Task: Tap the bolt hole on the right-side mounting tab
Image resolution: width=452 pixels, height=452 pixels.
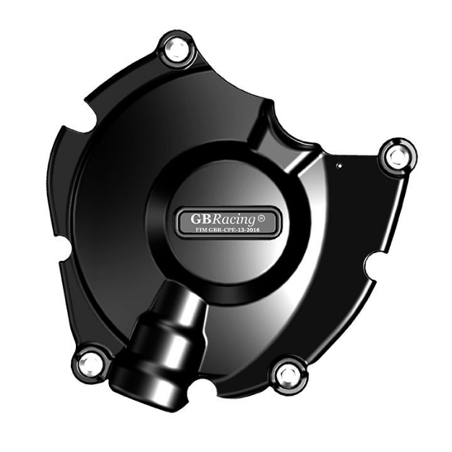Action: click(x=394, y=155)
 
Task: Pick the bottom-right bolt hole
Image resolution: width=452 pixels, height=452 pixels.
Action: click(x=288, y=374)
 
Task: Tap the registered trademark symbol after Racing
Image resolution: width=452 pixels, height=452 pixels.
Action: click(x=260, y=216)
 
